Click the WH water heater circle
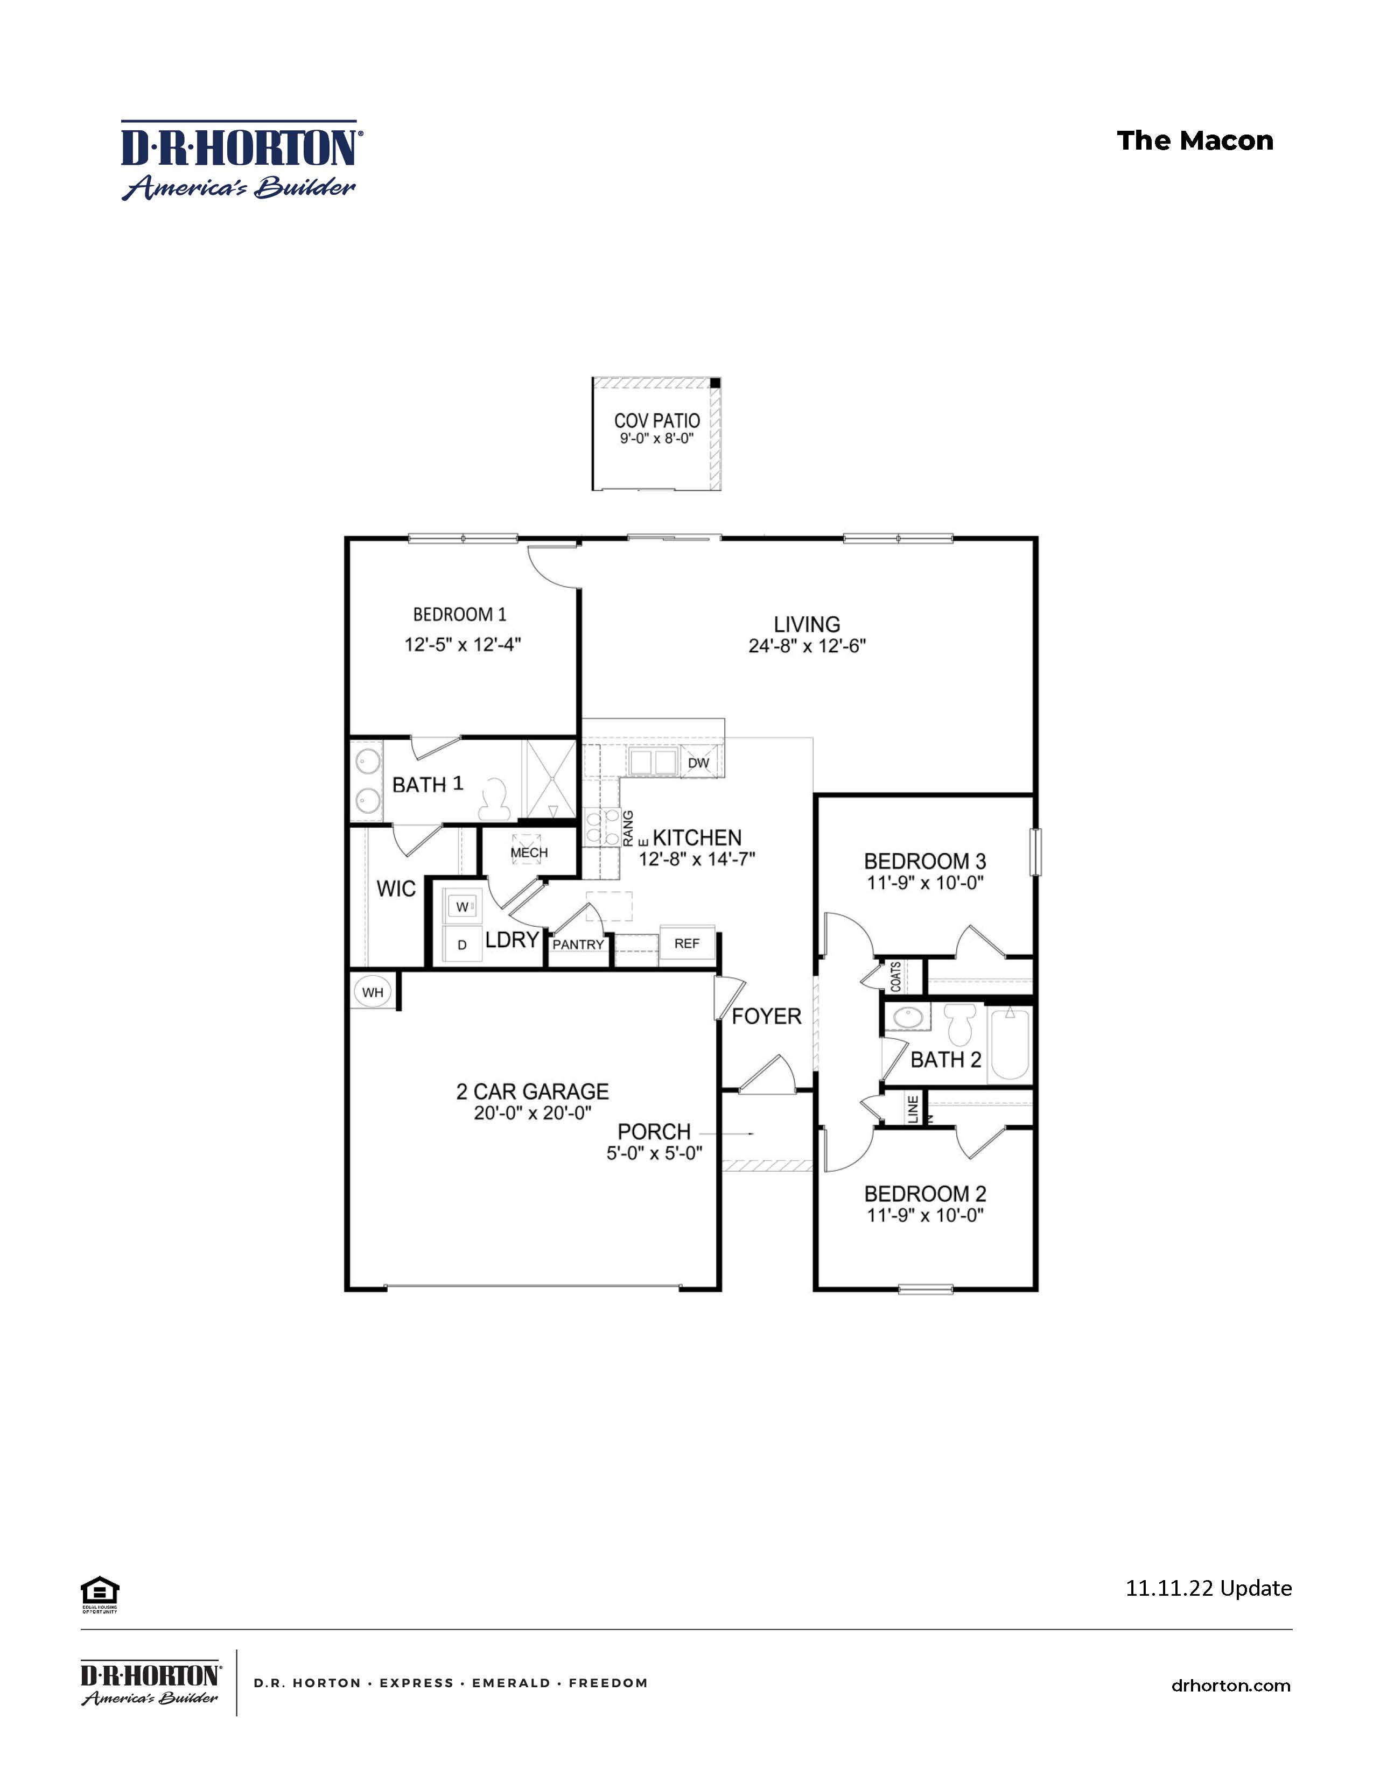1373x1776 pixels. (x=373, y=992)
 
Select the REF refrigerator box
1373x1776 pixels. (x=686, y=943)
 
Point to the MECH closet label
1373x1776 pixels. (x=529, y=852)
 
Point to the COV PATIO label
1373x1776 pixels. (x=656, y=420)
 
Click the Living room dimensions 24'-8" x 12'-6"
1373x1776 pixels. (x=807, y=646)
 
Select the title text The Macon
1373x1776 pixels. (x=1195, y=140)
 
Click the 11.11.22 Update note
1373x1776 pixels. (x=1208, y=1588)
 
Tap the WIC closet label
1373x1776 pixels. (x=396, y=889)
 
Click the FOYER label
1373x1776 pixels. (x=766, y=1016)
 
